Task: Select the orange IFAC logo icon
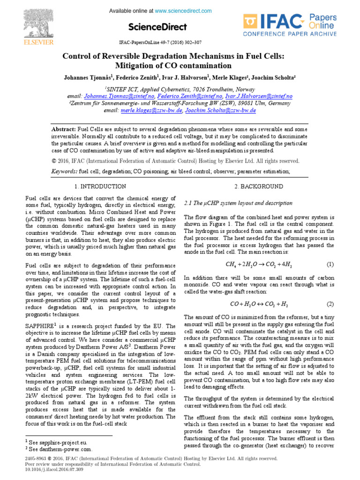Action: coord(251,21)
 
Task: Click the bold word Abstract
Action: coord(63,129)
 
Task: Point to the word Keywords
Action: coord(64,172)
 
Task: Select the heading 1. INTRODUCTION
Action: coord(100,187)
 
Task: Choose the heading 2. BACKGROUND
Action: coord(259,187)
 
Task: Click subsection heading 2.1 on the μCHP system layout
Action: coord(238,203)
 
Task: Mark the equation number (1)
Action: coord(330,264)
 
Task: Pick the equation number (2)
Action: coord(330,304)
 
